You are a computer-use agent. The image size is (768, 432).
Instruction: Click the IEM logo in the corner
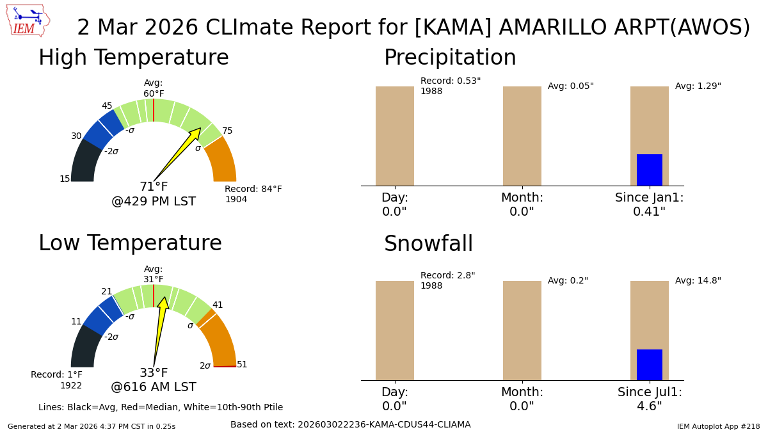pos(28,20)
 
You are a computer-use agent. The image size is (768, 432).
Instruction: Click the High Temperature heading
pos(133,58)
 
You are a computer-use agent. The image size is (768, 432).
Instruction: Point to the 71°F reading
pos(154,187)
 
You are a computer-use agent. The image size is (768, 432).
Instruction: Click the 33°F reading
pos(154,373)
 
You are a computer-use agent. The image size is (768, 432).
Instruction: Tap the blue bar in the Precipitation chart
pos(649,170)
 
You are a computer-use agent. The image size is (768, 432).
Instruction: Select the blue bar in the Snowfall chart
pos(649,364)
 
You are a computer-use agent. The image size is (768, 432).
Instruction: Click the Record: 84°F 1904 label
pos(253,194)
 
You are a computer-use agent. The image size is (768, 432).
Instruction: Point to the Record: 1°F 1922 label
pos(56,380)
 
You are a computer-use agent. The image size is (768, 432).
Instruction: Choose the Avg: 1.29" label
pos(698,86)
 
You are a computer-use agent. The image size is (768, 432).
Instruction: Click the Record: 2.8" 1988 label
pos(447,280)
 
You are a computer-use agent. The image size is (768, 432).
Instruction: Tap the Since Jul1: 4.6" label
pos(650,399)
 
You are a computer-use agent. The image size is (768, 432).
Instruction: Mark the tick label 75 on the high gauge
pos(227,131)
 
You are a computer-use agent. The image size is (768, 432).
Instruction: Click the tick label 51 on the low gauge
pos(242,365)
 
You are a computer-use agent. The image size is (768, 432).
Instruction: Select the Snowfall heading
pos(428,244)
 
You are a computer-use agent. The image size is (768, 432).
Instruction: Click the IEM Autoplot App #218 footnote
pos(718,426)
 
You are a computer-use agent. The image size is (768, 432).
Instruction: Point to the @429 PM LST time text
pos(154,202)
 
